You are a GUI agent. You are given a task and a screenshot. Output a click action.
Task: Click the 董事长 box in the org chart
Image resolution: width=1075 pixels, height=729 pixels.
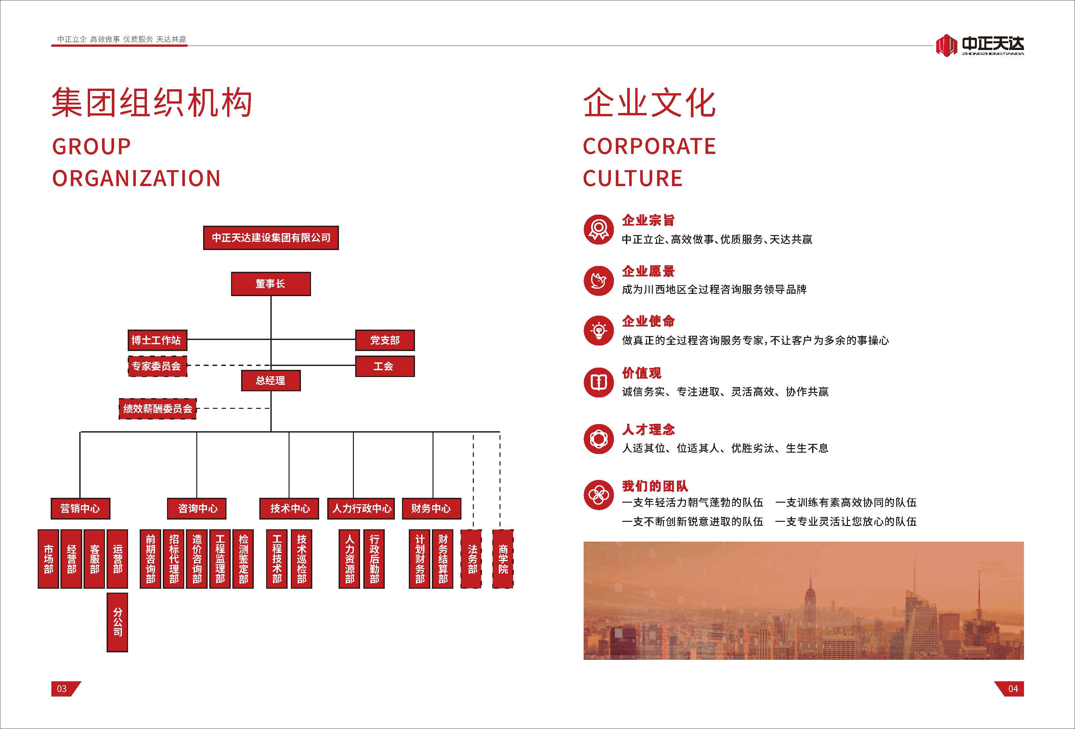(271, 284)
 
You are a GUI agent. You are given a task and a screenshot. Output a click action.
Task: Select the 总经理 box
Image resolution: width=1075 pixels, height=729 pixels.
(271, 381)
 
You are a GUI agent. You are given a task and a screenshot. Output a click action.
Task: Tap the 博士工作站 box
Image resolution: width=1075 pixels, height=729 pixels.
(157, 340)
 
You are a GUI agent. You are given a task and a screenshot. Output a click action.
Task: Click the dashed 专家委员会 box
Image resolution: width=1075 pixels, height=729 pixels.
(157, 366)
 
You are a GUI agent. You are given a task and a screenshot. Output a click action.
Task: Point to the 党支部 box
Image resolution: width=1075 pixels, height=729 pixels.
(384, 340)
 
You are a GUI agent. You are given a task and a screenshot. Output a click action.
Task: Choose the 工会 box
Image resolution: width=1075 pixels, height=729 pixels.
(384, 366)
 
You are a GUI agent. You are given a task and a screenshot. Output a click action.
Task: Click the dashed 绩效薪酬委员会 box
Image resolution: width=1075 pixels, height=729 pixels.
(158, 408)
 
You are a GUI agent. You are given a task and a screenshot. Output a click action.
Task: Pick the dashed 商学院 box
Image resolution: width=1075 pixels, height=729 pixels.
(503, 559)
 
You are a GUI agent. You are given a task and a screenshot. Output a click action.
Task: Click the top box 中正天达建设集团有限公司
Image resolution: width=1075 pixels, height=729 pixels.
(271, 238)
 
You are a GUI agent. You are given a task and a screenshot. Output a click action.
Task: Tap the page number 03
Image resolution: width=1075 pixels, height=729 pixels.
(62, 689)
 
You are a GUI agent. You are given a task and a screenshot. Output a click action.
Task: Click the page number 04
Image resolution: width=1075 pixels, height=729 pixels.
(1013, 689)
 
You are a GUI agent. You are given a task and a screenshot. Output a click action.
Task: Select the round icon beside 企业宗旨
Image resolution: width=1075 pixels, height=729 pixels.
(599, 229)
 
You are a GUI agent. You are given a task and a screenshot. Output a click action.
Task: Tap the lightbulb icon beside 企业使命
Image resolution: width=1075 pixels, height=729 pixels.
(599, 331)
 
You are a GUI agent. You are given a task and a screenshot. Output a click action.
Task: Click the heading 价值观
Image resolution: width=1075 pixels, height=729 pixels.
(641, 372)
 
